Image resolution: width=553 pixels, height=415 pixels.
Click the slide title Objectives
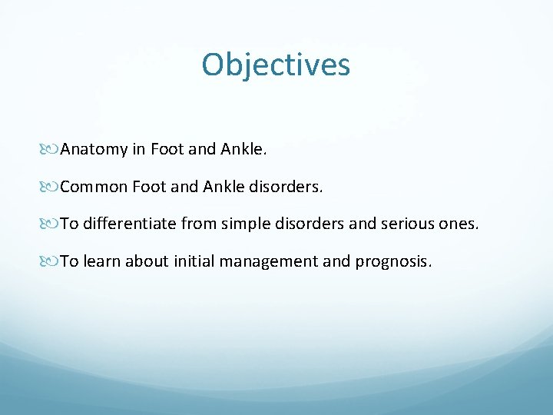click(276, 65)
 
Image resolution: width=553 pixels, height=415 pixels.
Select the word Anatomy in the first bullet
click(94, 149)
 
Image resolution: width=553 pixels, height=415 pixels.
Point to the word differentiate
click(129, 224)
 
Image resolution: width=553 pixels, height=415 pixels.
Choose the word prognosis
click(392, 261)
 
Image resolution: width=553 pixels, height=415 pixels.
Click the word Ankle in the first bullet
click(243, 149)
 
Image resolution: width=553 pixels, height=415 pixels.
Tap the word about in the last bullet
click(144, 261)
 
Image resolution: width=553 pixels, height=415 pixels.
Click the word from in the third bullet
click(198, 224)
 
